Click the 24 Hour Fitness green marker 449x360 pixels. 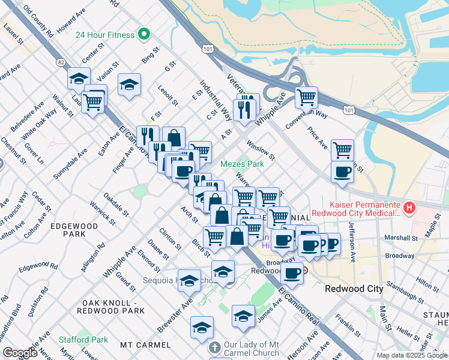143,35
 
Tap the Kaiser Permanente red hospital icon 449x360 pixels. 410,208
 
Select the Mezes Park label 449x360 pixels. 243,164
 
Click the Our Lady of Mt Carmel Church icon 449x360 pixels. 215,348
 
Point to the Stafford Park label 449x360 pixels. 83,340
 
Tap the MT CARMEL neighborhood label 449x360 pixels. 141,345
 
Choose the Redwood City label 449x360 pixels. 354,289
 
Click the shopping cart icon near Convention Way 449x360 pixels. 306,97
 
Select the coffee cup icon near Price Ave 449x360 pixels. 342,172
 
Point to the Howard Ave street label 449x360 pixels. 71,22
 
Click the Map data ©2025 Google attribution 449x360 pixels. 412,355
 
